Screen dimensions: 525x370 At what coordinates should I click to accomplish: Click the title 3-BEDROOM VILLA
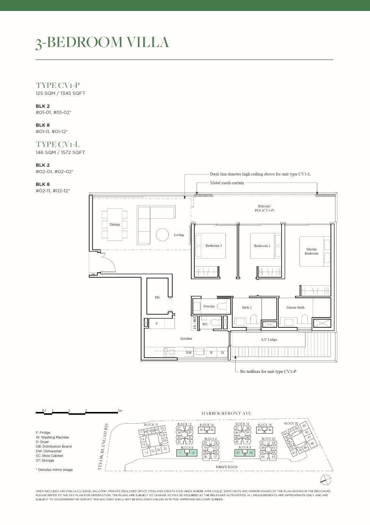(102, 42)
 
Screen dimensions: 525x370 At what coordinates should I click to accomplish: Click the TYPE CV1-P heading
(58, 85)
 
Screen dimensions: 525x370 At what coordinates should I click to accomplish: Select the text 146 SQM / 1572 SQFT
(60, 152)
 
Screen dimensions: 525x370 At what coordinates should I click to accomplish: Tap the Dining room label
(115, 225)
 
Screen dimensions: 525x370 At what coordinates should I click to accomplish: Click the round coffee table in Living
(162, 234)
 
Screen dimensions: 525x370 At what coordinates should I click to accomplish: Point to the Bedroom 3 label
(214, 246)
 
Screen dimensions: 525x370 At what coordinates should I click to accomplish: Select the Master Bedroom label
(312, 251)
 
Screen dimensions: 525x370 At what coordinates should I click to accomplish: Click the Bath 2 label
(247, 308)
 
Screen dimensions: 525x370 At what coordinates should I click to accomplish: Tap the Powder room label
(209, 306)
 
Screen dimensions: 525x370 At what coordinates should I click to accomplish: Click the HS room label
(157, 297)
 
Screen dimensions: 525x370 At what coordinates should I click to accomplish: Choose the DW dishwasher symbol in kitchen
(189, 352)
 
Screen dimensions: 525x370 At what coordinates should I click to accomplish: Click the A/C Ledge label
(269, 340)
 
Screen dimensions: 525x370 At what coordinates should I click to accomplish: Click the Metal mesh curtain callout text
(227, 183)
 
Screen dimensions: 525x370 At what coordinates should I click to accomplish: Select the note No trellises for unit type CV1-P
(268, 371)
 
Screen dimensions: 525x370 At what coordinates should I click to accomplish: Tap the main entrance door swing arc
(109, 262)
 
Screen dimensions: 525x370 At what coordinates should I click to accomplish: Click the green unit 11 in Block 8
(180, 453)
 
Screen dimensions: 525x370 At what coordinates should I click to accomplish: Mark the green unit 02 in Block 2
(251, 453)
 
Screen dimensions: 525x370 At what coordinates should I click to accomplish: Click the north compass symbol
(326, 480)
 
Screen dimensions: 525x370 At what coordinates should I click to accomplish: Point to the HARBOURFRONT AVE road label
(226, 413)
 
